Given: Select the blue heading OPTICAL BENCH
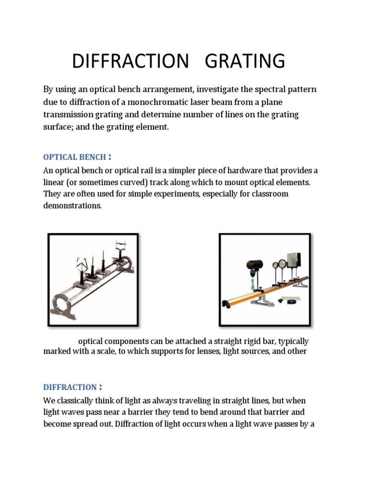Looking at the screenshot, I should click(x=74, y=157).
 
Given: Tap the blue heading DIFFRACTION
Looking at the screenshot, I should click(x=70, y=387).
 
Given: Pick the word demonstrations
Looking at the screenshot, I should click(x=73, y=205).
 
